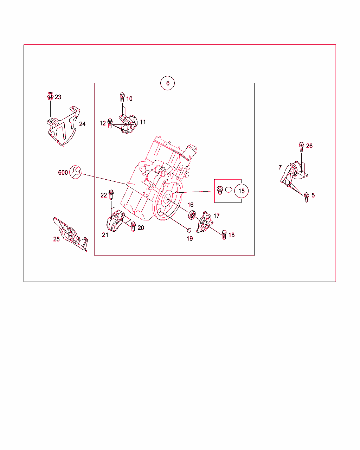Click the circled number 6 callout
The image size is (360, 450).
pos(167,83)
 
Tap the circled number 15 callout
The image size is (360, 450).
pos(242,191)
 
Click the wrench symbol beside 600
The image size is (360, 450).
pos(75,172)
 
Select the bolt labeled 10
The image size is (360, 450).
pos(122,97)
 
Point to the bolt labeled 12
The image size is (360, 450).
pos(110,123)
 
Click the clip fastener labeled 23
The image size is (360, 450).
pos(50,96)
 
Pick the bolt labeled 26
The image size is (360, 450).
pos(301,147)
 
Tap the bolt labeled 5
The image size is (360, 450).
pos(306,197)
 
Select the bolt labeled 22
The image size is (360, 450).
pos(111,194)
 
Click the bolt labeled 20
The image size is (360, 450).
pos(133,226)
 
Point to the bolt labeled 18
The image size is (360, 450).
pos(224,235)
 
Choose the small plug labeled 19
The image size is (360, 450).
pos(189,230)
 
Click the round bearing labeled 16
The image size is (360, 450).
pos(192,215)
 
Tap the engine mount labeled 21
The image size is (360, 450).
pos(115,221)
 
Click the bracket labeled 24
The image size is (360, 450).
pos(63,126)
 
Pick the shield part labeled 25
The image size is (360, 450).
pos(70,234)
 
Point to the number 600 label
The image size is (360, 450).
pos(63,173)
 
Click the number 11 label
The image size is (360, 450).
pos(143,122)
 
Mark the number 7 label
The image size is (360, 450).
pos(280,167)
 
